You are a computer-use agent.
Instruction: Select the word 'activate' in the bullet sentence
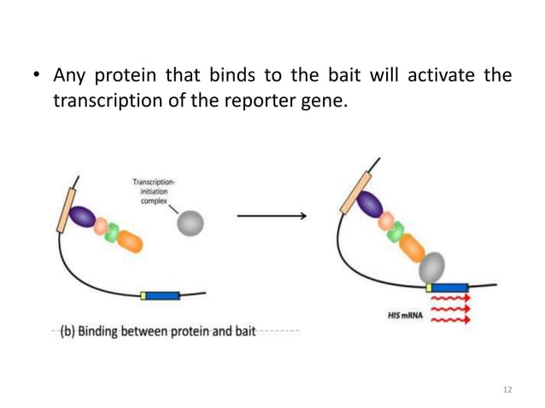pyautogui.click(x=451, y=77)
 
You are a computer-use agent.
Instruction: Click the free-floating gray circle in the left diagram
pyautogui.click(x=190, y=224)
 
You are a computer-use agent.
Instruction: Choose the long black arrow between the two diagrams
pyautogui.click(x=271, y=216)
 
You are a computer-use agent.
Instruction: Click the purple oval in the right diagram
pyautogui.click(x=370, y=204)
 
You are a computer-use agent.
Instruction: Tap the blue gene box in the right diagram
pyautogui.click(x=449, y=287)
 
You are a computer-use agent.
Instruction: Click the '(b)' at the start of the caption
pyautogui.click(x=67, y=330)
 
